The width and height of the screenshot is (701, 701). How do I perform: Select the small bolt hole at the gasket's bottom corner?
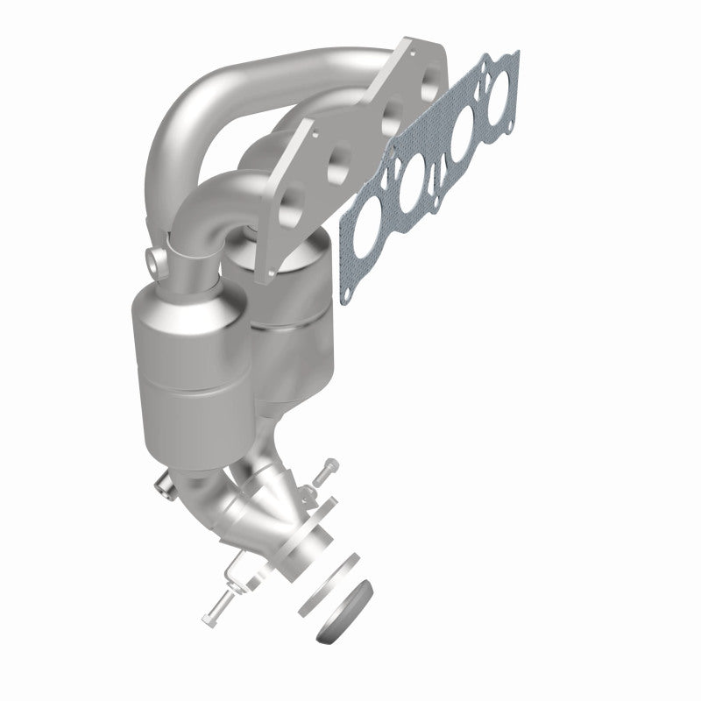347,283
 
